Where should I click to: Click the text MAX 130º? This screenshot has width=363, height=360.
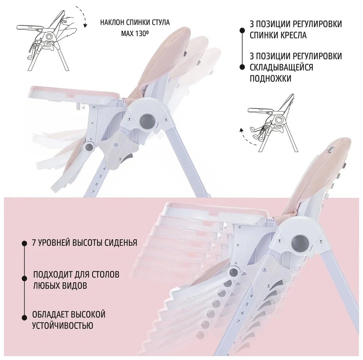pyautogui.click(x=135, y=33)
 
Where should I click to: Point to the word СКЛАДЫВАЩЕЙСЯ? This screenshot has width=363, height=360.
pyautogui.click(x=282, y=67)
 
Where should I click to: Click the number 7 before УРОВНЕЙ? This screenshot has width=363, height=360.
pyautogui.click(x=35, y=243)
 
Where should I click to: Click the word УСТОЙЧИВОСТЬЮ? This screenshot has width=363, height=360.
pyautogui.click(x=63, y=325)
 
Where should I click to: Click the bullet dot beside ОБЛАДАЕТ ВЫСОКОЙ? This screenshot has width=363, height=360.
pyautogui.click(x=24, y=314)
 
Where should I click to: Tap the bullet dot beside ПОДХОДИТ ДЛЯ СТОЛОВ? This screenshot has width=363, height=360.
pyautogui.click(x=24, y=277)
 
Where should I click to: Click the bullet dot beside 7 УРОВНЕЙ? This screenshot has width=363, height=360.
pyautogui.click(x=24, y=243)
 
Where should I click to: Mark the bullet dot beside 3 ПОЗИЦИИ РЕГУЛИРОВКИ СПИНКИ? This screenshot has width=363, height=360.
pyautogui.click(x=241, y=29)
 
